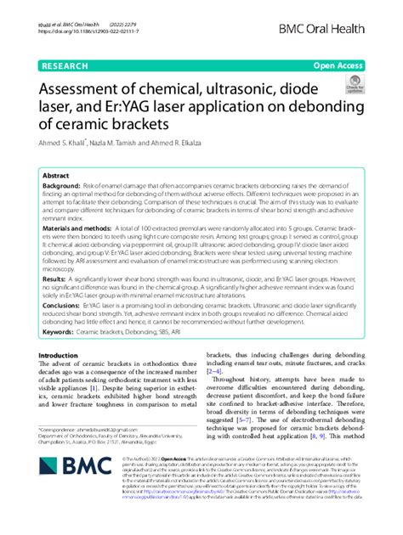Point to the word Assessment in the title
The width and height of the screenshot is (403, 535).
pos(93,87)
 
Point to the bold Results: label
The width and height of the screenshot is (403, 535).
pos(55,279)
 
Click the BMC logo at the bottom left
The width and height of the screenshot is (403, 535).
pos(71,491)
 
